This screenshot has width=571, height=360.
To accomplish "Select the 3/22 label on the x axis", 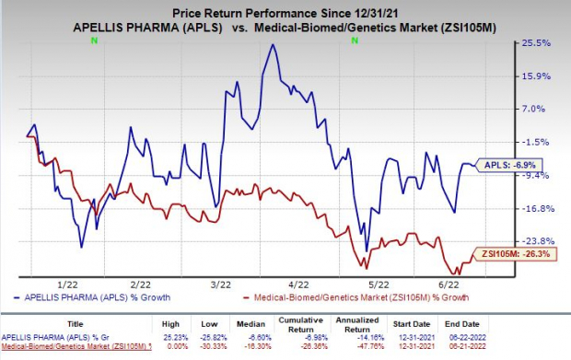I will click(221, 285).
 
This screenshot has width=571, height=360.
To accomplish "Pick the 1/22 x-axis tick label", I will click(68, 285).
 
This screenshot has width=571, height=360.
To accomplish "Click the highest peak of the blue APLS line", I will click(272, 45).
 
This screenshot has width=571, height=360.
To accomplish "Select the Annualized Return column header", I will click(393, 325).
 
